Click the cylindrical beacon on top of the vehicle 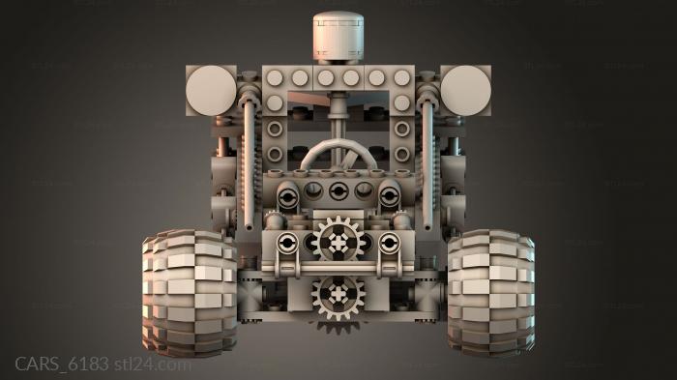338,36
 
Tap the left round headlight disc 211,91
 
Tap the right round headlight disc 465,91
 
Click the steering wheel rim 338,146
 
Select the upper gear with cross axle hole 338,243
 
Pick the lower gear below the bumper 338,297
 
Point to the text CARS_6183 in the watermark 62,364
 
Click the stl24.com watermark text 153,365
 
